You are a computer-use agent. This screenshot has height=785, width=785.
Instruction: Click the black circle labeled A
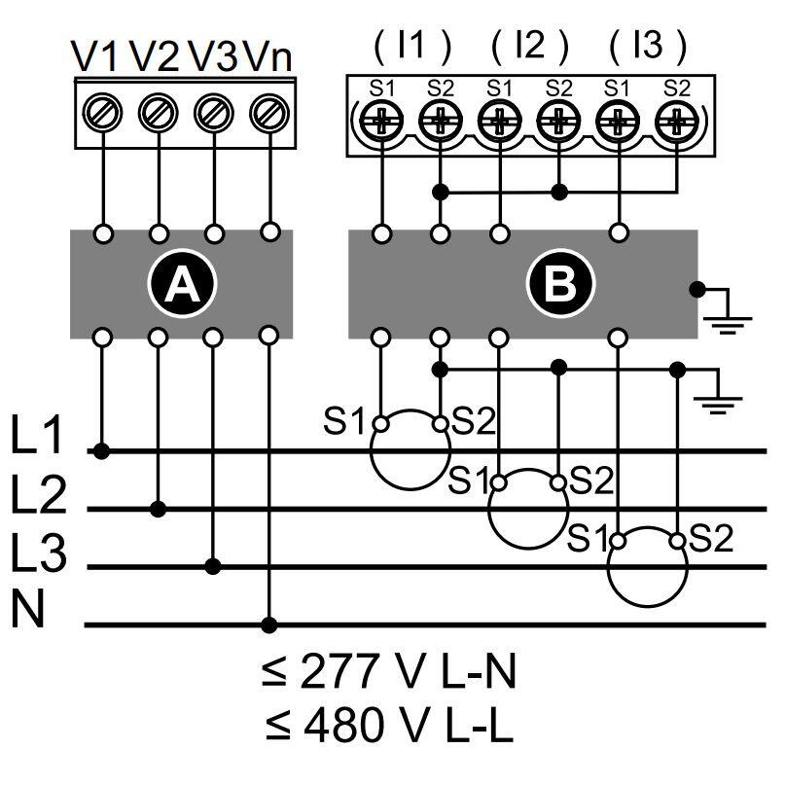click(x=182, y=283)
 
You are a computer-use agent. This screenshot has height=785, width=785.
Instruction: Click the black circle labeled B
click(x=560, y=283)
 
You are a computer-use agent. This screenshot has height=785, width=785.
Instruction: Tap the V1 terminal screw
click(x=102, y=112)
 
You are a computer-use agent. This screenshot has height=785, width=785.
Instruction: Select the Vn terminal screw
click(x=269, y=112)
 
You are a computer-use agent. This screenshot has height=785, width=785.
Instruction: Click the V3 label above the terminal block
click(x=213, y=56)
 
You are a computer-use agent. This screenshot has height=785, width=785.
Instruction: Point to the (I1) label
click(x=412, y=46)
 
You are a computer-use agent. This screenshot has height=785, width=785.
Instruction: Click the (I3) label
click(x=648, y=46)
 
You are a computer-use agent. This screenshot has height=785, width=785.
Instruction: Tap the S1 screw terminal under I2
click(x=499, y=121)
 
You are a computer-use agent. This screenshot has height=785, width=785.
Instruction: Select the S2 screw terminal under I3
click(x=676, y=121)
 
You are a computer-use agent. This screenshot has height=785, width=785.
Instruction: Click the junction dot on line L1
click(x=101, y=451)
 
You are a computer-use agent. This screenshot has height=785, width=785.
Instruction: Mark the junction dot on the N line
click(x=269, y=624)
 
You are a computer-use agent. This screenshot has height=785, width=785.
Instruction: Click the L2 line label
click(x=39, y=495)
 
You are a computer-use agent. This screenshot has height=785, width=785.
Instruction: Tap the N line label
click(x=28, y=609)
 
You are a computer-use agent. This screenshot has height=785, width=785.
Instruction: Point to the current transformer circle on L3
click(x=647, y=567)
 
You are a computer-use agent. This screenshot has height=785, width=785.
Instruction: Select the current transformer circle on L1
click(x=410, y=450)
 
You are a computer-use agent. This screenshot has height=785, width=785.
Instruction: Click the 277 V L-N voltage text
click(x=388, y=672)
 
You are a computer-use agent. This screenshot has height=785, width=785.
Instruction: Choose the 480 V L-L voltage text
click(x=389, y=726)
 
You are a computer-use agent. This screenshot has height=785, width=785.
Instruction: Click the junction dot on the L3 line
click(x=213, y=567)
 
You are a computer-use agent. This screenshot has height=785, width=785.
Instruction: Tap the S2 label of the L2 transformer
click(x=591, y=481)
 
